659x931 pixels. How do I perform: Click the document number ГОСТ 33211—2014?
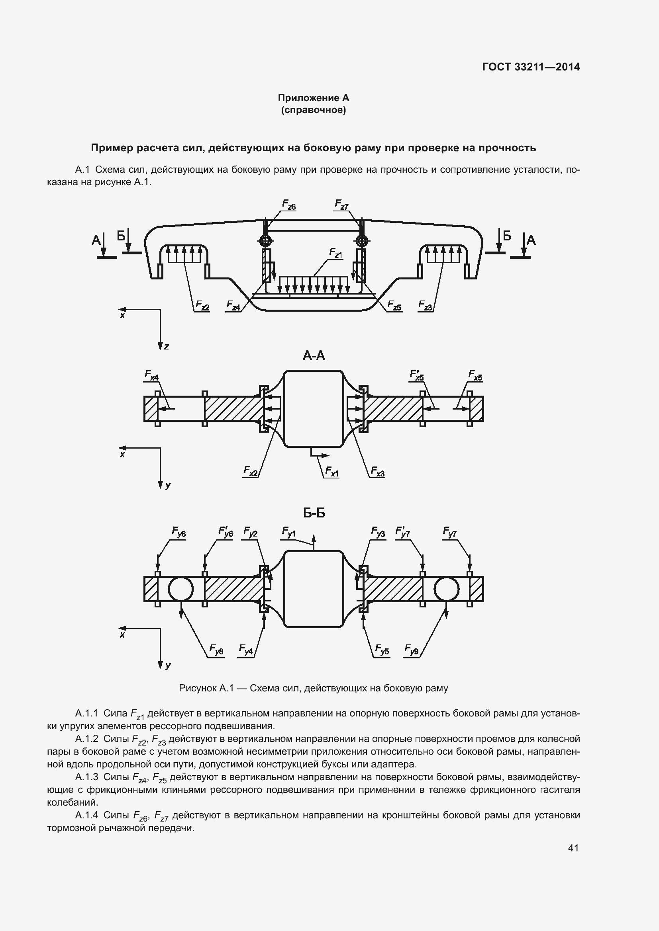coord(531,67)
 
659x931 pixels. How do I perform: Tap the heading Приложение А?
coord(313,98)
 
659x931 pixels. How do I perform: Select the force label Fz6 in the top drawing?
coord(289,205)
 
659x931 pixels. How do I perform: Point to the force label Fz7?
coord(342,205)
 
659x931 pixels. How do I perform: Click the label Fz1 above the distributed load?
coord(336,254)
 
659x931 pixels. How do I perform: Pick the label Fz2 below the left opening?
coord(202,305)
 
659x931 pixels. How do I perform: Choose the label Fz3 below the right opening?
coord(425,305)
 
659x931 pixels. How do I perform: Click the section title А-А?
coord(314,356)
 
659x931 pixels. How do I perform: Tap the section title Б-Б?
coord(314,513)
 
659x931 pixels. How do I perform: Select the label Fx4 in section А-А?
coord(151,375)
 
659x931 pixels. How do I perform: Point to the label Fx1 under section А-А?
coord(331,471)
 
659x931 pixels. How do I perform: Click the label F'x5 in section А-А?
coord(417,375)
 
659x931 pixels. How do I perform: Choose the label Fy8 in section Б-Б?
coord(216,650)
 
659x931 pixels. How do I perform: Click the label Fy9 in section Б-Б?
coord(412,650)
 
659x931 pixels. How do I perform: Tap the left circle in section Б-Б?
coord(180,589)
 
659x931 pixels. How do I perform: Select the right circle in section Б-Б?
coord(446,589)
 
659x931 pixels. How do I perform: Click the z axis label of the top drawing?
coord(167,347)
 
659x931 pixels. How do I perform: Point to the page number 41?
coord(573,848)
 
